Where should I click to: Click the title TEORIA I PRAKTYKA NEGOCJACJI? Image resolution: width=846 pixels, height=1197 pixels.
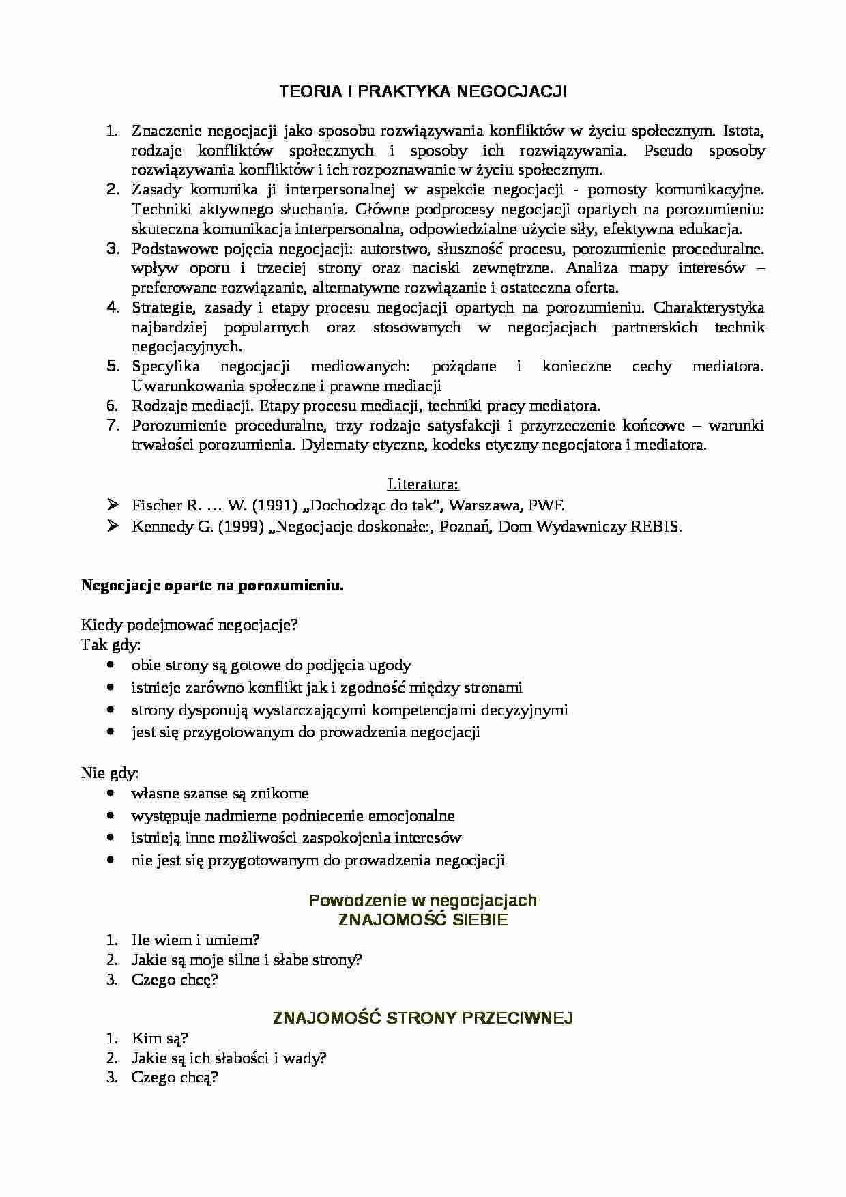(x=423, y=91)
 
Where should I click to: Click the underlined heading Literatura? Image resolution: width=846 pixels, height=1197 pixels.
(x=423, y=485)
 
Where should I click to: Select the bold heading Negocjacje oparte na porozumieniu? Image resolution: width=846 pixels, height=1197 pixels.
(x=212, y=586)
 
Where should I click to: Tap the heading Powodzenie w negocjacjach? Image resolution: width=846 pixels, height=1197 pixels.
(x=423, y=900)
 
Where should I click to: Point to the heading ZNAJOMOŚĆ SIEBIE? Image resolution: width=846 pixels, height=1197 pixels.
(x=423, y=920)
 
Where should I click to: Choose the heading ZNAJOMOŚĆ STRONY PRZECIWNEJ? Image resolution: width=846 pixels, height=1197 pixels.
(x=423, y=1018)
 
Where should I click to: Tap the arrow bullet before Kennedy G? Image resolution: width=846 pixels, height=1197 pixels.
(x=112, y=526)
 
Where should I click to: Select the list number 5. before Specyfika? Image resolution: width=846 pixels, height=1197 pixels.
(x=113, y=366)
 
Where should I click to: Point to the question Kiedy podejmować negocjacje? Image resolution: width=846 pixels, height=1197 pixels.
(x=190, y=624)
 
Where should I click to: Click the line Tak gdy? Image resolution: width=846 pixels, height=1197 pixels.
(x=111, y=644)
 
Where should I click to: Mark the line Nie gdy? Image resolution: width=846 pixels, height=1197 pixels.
(x=110, y=773)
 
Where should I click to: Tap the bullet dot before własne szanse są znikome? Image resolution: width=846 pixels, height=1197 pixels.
(x=111, y=794)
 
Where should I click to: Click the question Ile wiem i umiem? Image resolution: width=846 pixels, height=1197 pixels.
(x=195, y=940)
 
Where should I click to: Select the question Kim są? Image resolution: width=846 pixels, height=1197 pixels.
(x=160, y=1039)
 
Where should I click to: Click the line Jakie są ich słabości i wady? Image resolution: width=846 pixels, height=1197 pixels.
(x=229, y=1058)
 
